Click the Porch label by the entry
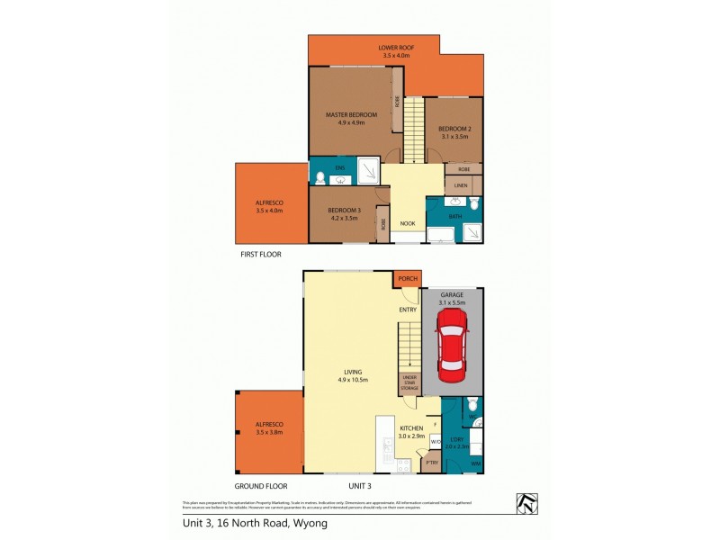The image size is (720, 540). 408,280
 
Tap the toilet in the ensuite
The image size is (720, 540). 319,178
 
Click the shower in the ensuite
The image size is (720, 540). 368,171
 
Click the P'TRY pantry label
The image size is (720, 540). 432,463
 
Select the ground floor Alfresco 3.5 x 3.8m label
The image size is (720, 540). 268,427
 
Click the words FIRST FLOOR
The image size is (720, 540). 262,255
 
